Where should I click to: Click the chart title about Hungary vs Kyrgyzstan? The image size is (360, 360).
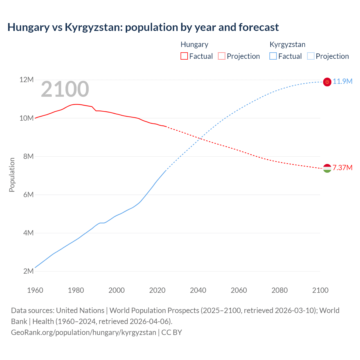(143, 27)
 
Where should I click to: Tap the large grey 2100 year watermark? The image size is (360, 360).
(65, 89)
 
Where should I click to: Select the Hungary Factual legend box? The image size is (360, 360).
(184, 56)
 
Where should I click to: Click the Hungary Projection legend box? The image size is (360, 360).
(222, 56)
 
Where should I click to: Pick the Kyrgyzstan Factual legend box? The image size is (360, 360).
(273, 56)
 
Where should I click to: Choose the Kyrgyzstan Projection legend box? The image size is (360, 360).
(310, 56)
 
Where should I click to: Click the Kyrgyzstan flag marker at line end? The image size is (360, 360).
(327, 82)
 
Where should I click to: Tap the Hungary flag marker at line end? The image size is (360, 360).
(327, 168)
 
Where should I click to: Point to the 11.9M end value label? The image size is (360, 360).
(343, 82)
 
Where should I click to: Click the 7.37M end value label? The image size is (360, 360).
(343, 168)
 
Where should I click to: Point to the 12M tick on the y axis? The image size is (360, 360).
(26, 80)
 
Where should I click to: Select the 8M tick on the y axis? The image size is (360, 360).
(28, 156)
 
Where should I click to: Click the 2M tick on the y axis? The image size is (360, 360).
(28, 271)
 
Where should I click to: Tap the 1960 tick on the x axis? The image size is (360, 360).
(35, 290)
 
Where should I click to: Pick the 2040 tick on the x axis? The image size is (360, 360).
(198, 290)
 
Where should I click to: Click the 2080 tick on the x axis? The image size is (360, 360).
(280, 290)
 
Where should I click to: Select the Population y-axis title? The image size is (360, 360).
(12, 175)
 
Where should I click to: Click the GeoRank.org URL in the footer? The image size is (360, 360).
(84, 332)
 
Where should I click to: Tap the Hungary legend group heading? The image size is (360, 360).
(194, 44)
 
